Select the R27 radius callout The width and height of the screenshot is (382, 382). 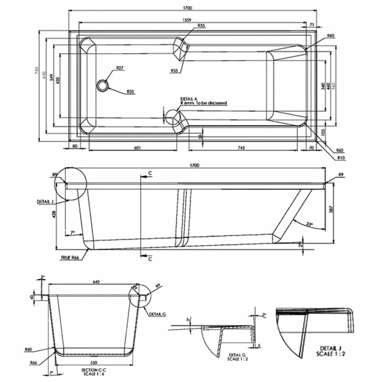click(120, 68)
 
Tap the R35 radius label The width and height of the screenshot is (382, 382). click(131, 91)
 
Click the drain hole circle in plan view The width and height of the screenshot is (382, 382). click(103, 85)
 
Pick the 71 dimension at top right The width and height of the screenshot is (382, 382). click(312, 24)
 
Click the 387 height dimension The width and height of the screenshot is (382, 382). click(332, 209)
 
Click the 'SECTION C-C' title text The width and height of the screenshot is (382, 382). click(93, 370)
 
